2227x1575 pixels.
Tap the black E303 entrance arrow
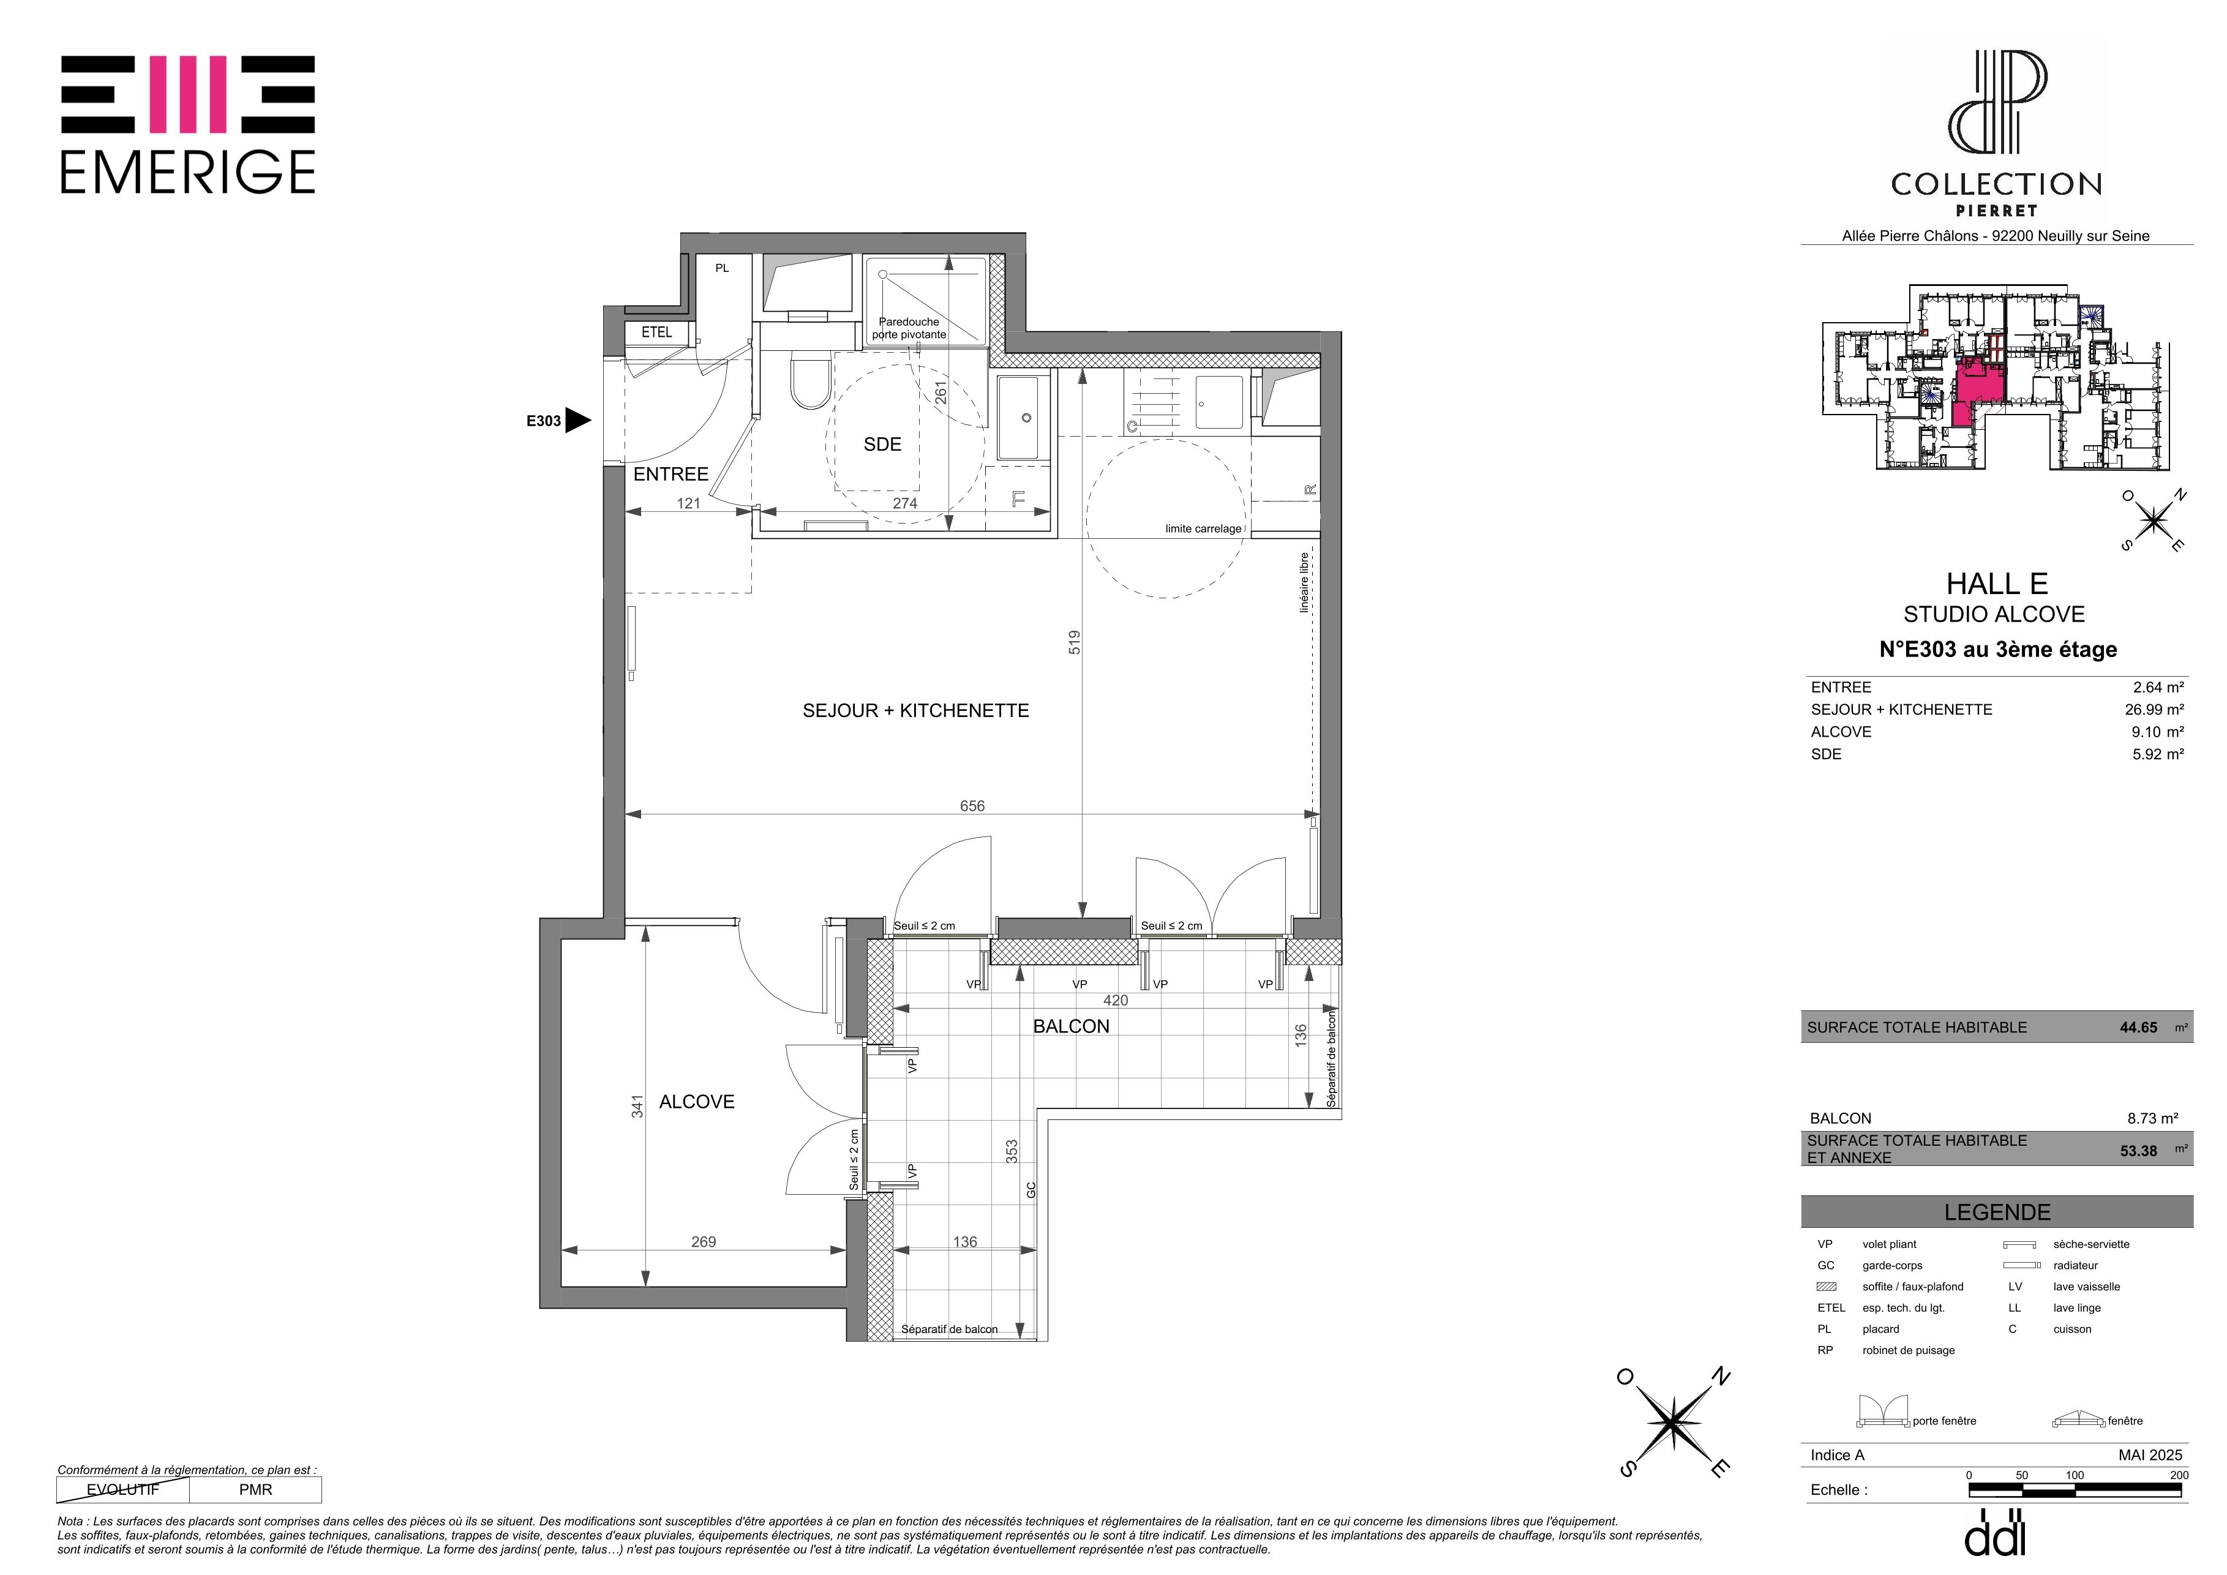(578, 420)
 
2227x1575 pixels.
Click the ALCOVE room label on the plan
(696, 1102)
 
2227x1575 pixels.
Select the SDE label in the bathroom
(882, 444)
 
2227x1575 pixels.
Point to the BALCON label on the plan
(1071, 1026)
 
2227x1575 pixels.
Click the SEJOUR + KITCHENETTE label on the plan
(915, 711)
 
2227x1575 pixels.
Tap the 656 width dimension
(972, 806)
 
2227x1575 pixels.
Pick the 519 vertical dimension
(1074, 642)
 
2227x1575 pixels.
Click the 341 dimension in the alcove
(637, 1107)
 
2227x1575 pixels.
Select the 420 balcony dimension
(1116, 1000)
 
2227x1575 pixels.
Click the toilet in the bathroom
(810, 383)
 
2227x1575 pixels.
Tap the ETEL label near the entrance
(656, 332)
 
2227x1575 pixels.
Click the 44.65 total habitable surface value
(2139, 1027)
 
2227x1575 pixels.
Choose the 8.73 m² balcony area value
(2155, 1118)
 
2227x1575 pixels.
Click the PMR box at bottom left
(255, 1490)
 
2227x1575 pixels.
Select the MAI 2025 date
(2150, 1455)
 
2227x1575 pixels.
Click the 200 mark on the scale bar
(2179, 1475)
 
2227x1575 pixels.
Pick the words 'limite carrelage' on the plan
(1203, 528)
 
